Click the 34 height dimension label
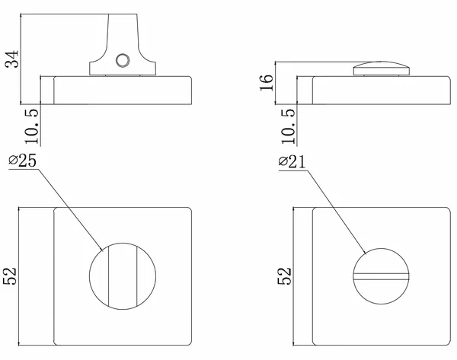(12, 59)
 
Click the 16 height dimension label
(267, 83)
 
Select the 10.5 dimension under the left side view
(31, 126)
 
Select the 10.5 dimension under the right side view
(288, 126)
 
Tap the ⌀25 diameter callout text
(23, 161)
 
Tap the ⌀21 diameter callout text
(292, 161)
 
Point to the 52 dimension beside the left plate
(10, 276)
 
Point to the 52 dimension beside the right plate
(284, 276)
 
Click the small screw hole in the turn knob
(123, 61)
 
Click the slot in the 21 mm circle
(382, 276)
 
